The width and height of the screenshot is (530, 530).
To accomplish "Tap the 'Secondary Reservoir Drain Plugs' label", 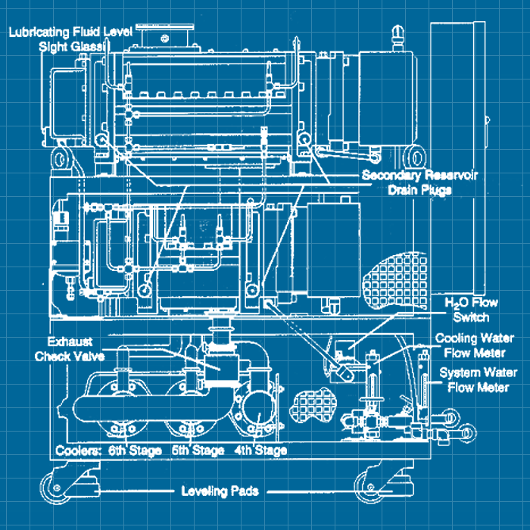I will [x=419, y=182].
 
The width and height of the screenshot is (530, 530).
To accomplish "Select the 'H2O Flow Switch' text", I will [x=466, y=310].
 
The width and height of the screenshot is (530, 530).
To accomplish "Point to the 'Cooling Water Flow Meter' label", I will [x=475, y=344].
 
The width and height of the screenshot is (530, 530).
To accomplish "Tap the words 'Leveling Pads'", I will [x=220, y=491].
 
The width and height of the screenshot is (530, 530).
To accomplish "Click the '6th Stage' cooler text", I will [x=134, y=451].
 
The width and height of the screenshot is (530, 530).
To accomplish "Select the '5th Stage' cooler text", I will [x=198, y=451].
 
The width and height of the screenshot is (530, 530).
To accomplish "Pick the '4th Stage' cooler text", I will [x=260, y=451].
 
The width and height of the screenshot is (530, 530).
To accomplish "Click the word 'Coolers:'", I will [x=79, y=451].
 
